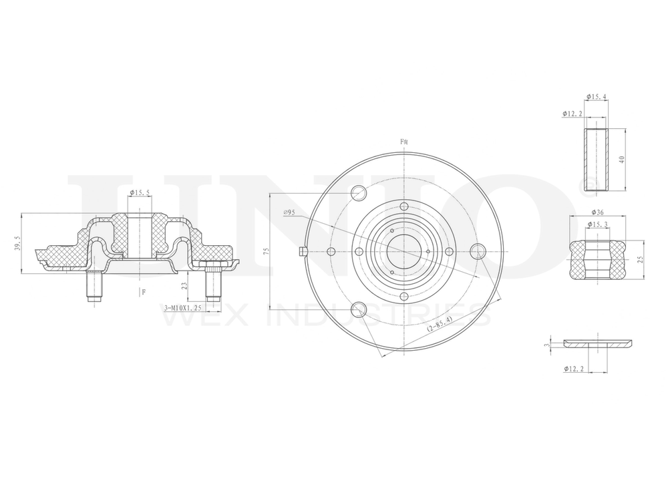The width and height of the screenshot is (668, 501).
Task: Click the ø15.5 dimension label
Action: (x=139, y=193)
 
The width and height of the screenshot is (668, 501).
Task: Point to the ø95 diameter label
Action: (x=289, y=212)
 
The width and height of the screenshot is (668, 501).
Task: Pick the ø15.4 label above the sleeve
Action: (x=596, y=97)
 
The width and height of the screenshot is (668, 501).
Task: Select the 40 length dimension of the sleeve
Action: (x=621, y=160)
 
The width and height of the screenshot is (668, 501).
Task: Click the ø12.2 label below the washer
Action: (x=574, y=368)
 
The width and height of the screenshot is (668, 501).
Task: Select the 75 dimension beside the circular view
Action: (x=265, y=252)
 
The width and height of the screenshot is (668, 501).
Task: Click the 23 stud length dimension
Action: (x=184, y=285)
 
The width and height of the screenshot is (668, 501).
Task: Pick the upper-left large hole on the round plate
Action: (x=359, y=194)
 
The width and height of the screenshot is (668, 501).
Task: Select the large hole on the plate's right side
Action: (x=477, y=251)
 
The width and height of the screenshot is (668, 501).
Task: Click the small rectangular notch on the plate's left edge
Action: (x=301, y=251)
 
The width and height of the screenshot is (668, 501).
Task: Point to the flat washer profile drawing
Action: (x=598, y=343)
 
